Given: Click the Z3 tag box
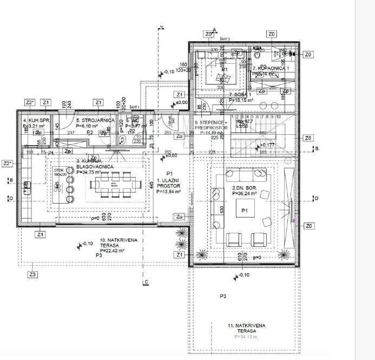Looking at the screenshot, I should click(x=34, y=274).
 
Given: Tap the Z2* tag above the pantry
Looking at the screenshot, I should click(x=30, y=102).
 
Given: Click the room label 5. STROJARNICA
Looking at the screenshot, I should click(x=95, y=120).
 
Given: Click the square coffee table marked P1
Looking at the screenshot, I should click(x=245, y=210).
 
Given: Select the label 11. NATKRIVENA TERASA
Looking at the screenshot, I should click(x=246, y=328).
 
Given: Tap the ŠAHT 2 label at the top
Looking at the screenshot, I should click(x=226, y=40).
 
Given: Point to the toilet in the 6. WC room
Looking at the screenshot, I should click(x=124, y=140).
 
